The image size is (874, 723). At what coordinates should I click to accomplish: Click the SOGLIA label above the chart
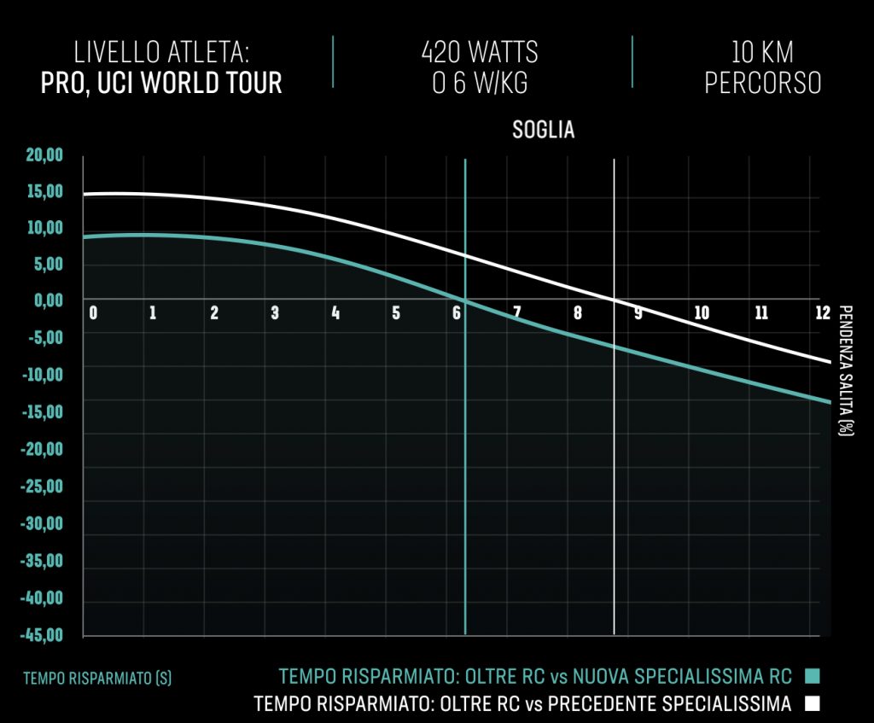543,131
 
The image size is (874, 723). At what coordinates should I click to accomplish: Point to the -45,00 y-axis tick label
43,635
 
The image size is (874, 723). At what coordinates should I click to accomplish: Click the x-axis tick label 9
638,313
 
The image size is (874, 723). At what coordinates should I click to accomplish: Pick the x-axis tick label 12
822,313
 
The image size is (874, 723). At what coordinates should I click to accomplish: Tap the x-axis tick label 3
275,313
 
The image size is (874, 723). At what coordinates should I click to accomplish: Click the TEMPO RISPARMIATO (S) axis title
97,679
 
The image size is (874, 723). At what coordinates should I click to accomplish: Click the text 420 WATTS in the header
480,52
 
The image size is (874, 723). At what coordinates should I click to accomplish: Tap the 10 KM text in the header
762,52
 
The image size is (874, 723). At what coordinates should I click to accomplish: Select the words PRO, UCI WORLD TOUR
161,83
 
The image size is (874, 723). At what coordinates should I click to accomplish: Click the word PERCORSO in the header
762,83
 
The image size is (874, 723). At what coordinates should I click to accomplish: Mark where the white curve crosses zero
615,300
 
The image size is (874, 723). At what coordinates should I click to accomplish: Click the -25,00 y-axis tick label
43,487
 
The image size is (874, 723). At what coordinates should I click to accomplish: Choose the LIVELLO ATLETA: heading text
161,52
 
